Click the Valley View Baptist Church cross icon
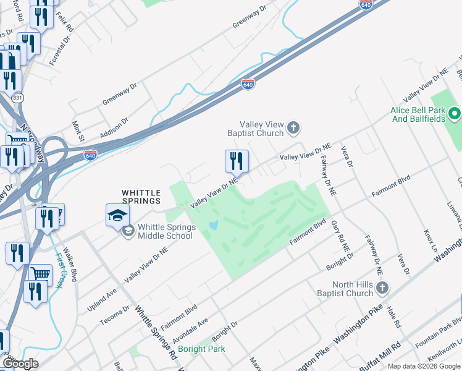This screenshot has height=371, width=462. (293, 129)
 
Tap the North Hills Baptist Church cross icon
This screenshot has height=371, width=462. (382, 288)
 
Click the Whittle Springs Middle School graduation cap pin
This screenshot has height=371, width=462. (117, 215)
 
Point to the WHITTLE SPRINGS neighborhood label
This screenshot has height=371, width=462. (141, 197)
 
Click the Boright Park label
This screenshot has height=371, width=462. (201, 349)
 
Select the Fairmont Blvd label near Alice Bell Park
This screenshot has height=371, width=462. (391, 186)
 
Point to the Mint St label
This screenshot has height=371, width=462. (77, 130)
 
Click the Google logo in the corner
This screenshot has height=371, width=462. (20, 364)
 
